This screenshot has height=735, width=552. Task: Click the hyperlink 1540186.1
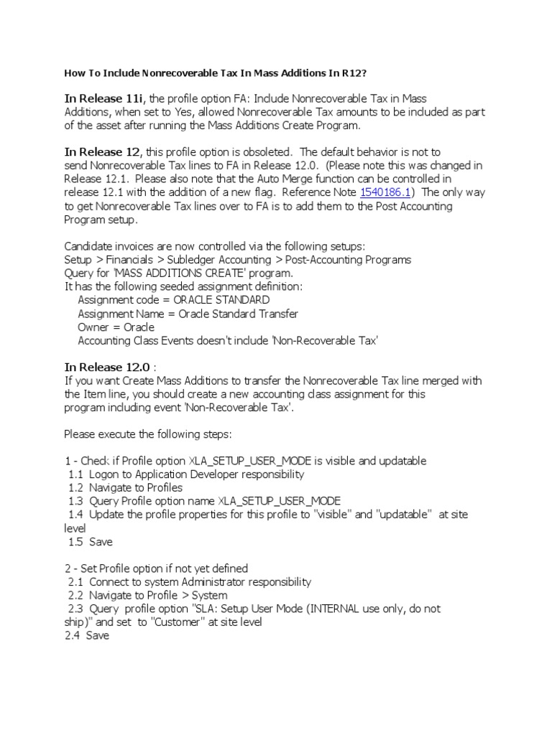tap(384, 192)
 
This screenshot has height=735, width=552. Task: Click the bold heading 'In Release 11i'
tap(105, 98)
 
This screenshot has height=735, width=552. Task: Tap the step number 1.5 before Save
tap(75, 542)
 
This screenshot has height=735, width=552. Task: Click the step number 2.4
tap(73, 636)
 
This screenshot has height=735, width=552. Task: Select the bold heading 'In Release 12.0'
tap(108, 367)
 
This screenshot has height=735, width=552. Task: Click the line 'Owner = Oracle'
tap(116, 327)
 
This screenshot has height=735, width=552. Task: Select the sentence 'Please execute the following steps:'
tap(148, 434)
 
